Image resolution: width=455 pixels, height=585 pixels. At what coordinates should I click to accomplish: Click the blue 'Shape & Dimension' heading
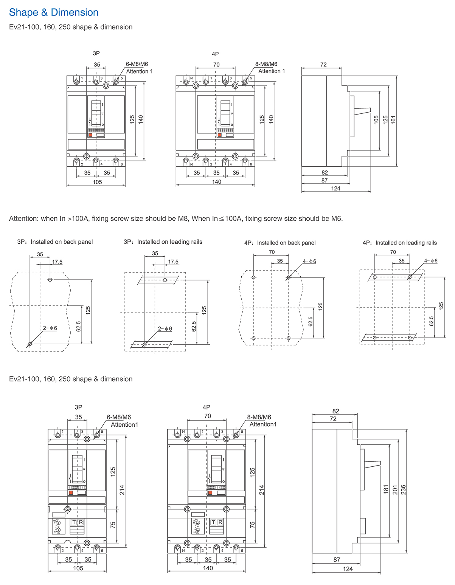tap(54, 12)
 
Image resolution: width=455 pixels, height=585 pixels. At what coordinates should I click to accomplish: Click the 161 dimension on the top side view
tap(393, 120)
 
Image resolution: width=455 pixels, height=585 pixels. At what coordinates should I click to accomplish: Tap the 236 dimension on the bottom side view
tap(403, 490)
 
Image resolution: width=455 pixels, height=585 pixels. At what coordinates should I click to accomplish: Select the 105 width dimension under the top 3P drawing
tap(97, 182)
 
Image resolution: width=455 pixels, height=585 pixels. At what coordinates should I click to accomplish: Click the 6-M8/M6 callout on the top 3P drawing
tap(137, 64)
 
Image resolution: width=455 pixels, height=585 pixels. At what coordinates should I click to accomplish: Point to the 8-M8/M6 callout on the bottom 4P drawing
tap(259, 417)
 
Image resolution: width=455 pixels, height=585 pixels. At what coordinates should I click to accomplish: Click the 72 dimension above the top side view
tap(323, 65)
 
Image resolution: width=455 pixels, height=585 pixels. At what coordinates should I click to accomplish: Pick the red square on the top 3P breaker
tap(90, 135)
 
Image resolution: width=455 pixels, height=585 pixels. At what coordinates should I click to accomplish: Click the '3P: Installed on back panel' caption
tap(55, 242)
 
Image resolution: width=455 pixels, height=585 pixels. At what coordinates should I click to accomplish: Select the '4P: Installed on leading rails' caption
tap(399, 243)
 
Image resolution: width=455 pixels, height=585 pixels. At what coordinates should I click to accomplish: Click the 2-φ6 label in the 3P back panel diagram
tap(50, 328)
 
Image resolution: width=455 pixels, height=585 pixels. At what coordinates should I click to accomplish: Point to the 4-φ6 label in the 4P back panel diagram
tap(309, 262)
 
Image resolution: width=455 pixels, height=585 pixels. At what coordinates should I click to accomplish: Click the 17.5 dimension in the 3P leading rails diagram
tap(173, 262)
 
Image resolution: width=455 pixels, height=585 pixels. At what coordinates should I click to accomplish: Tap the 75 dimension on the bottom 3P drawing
tap(113, 525)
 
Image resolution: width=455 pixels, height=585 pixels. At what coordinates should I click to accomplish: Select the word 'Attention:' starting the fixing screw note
tap(23, 218)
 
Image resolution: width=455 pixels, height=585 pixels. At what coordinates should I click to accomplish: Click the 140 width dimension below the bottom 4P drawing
tap(208, 568)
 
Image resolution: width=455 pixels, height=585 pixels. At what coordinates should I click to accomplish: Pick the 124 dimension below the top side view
tap(336, 189)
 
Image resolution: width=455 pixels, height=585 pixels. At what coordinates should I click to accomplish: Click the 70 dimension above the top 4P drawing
tap(216, 65)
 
